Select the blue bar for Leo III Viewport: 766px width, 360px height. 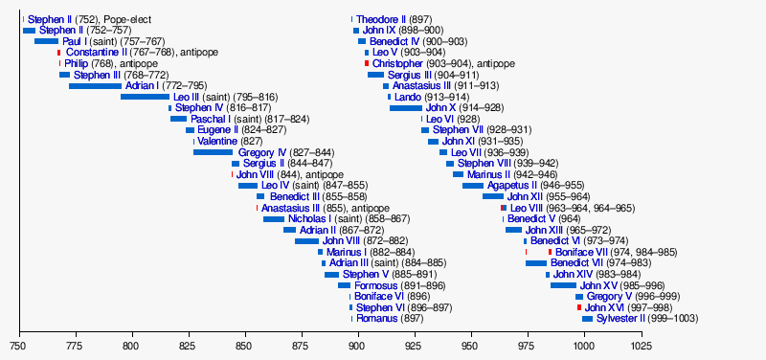click(144, 97)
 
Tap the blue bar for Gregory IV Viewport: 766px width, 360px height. click(213, 152)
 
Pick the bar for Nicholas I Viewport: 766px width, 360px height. click(273, 219)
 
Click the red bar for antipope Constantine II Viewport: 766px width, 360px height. click(58, 53)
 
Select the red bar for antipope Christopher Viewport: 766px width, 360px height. click(366, 63)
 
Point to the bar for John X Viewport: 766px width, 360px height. click(405, 108)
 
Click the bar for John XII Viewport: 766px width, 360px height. click(492, 196)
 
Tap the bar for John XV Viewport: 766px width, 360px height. click(563, 285)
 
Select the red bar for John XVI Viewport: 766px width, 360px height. click(578, 307)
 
